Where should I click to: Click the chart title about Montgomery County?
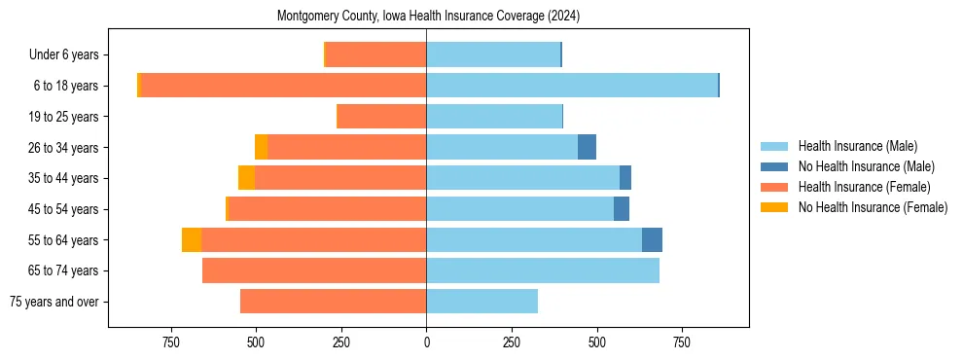pos(428,17)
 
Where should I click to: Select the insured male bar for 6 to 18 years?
pos(572,86)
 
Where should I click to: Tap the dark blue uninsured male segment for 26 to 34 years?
pos(587,147)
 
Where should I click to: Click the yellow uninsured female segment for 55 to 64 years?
pos(192,240)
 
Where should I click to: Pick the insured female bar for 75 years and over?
pos(333,302)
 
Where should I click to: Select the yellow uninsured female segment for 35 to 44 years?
pos(246,178)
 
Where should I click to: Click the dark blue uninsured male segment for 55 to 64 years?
pos(652,240)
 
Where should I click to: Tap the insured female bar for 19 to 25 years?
pos(381,117)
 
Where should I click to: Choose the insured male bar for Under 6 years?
pos(493,54)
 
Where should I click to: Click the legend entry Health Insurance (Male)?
pos(857,146)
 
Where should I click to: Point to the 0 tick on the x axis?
pos(426,342)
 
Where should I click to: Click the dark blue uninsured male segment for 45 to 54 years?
pos(622,209)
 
